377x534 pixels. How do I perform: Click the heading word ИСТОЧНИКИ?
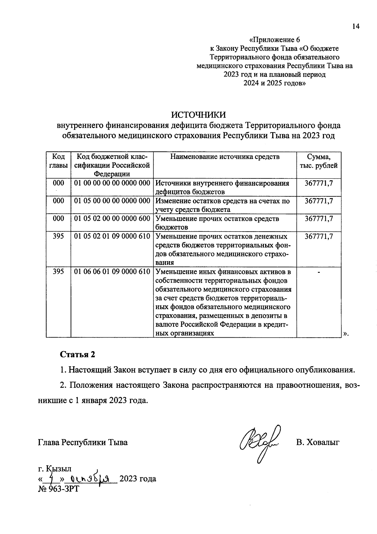(198, 114)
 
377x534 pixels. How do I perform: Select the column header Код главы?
(58, 161)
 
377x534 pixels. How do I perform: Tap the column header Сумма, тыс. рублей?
(319, 161)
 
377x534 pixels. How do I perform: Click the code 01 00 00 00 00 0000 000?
(112, 183)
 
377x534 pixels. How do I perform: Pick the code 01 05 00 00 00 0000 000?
(112, 201)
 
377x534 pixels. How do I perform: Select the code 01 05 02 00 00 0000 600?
(112, 218)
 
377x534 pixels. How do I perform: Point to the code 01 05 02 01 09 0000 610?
(112, 236)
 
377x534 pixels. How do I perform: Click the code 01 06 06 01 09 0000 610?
(112, 271)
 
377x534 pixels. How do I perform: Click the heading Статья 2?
(78, 354)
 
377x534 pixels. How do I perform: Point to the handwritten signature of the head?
(260, 442)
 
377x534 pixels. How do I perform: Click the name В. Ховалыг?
(318, 442)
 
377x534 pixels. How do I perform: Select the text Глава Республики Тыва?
(83, 442)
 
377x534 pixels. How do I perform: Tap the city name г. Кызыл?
(55, 469)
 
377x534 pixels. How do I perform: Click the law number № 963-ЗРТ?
(58, 489)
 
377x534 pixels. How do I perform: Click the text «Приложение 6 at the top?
(275, 40)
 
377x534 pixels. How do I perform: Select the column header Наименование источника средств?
(225, 157)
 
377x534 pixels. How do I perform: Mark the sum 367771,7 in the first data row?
(319, 183)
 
